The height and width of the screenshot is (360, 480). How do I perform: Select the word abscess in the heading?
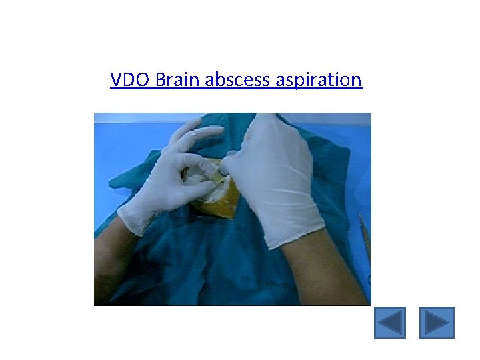[234, 81]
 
